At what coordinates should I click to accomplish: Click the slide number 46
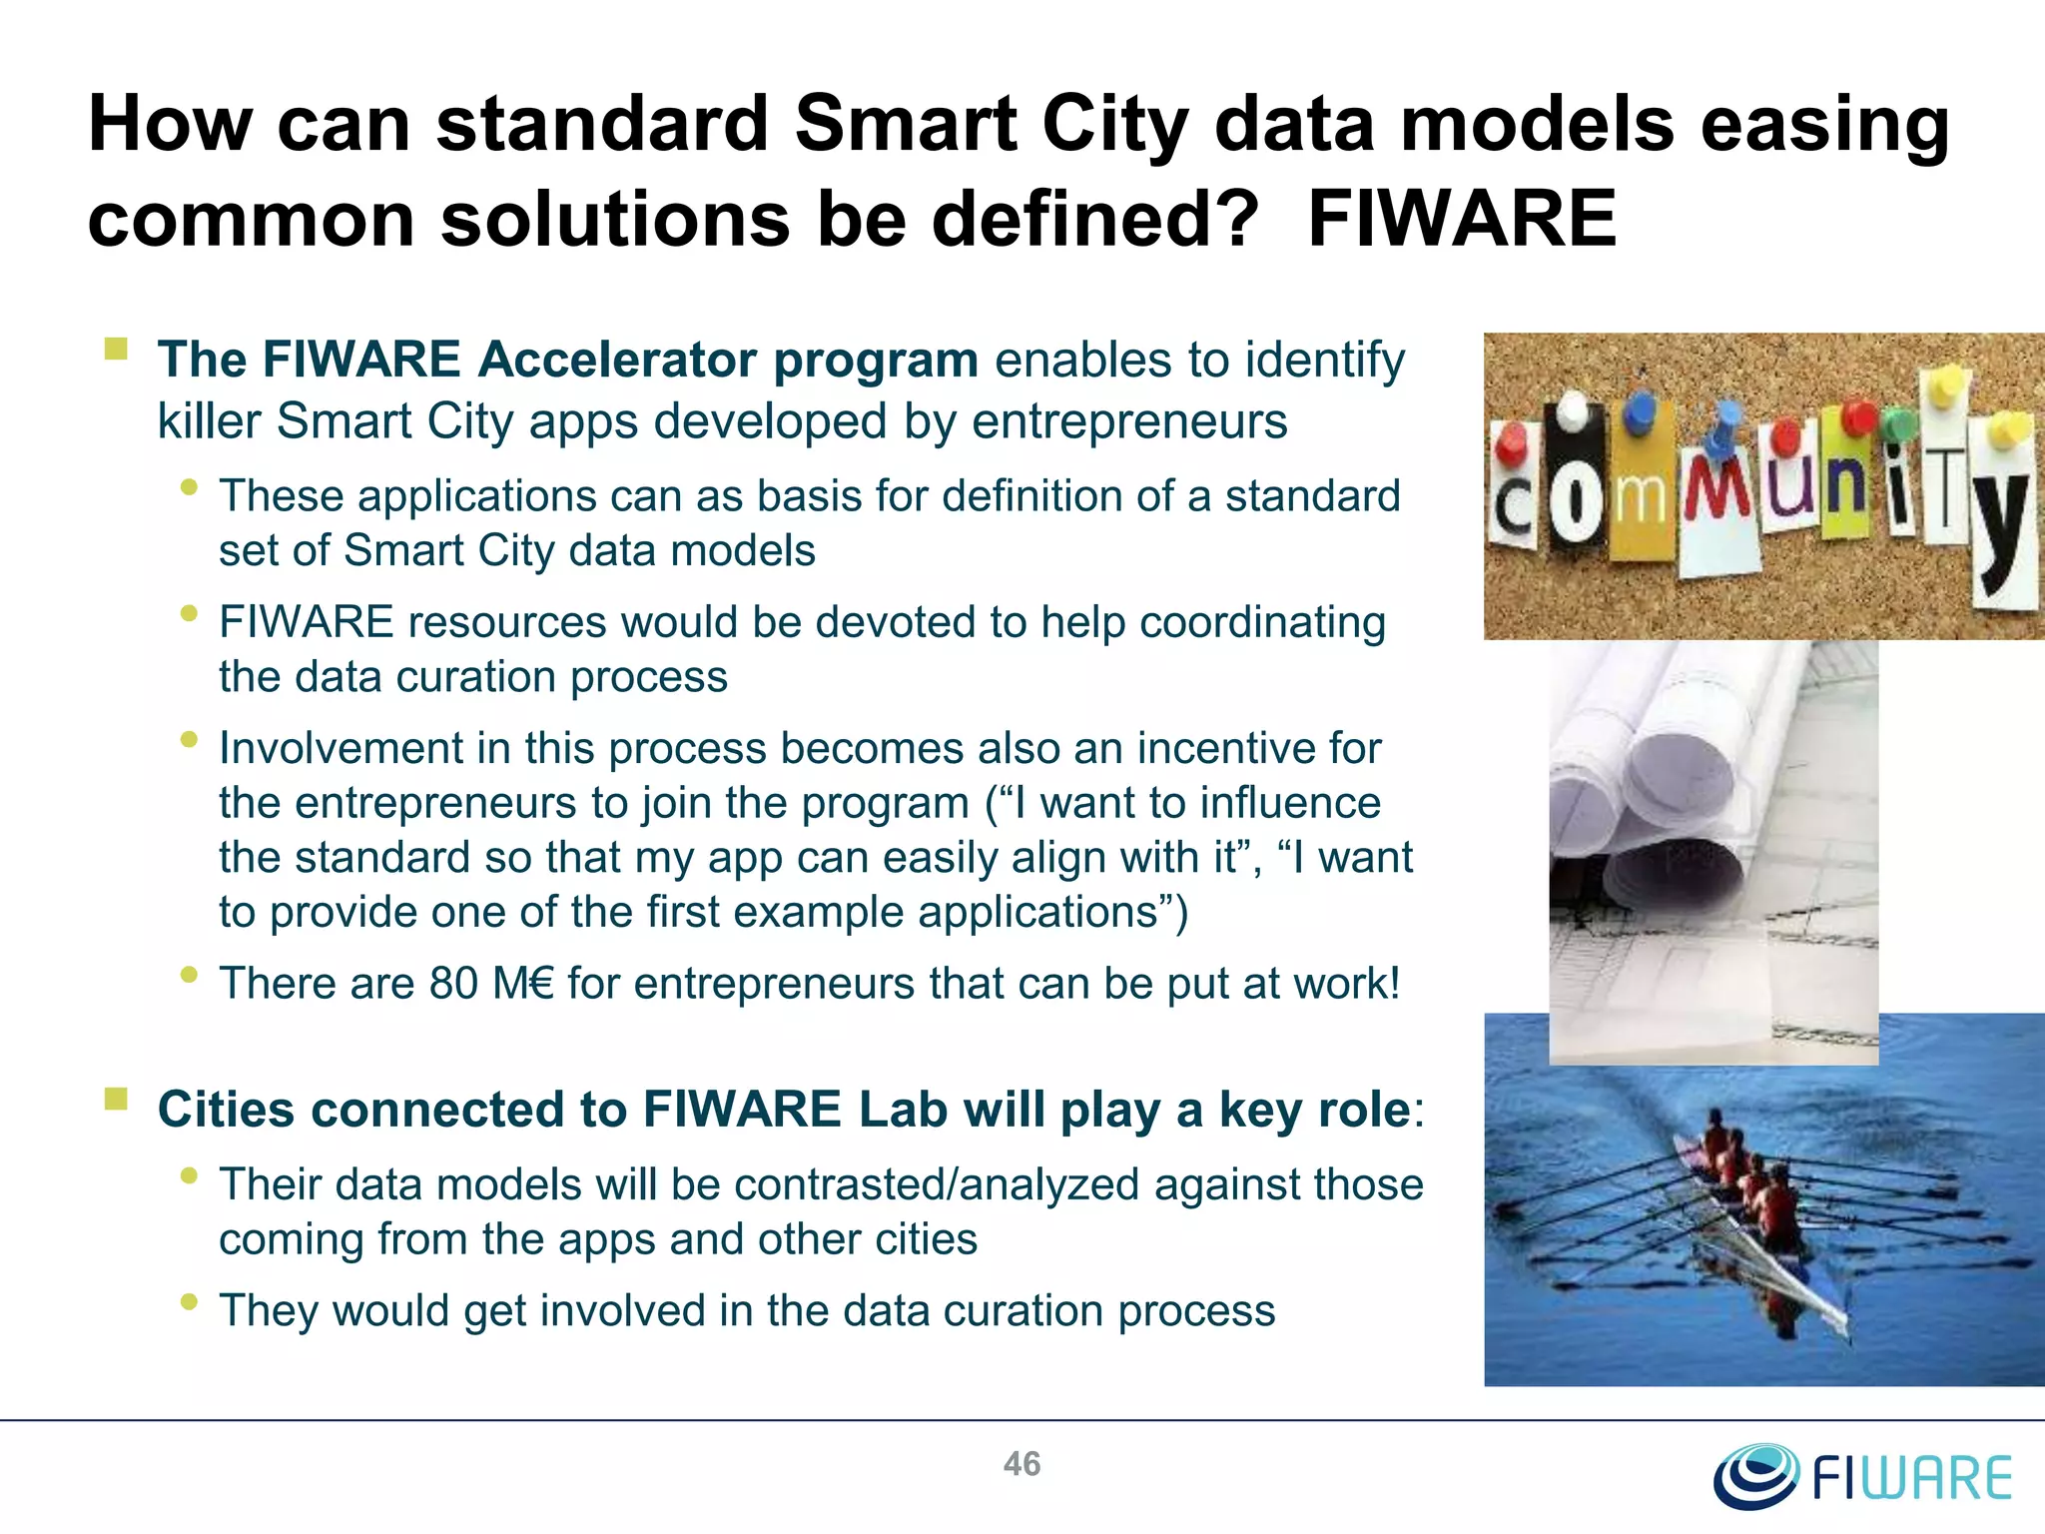point(1022,1464)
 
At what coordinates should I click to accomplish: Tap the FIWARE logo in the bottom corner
point(1863,1476)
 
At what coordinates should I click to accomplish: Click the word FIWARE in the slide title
point(1462,219)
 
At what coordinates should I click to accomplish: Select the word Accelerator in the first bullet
point(617,360)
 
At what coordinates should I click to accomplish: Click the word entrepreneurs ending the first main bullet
point(1129,421)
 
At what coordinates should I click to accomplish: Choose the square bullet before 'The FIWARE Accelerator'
point(117,349)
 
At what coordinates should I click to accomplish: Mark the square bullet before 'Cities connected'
point(117,1100)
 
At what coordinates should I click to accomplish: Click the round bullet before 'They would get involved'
point(189,1301)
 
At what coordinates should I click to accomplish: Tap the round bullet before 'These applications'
point(189,487)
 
